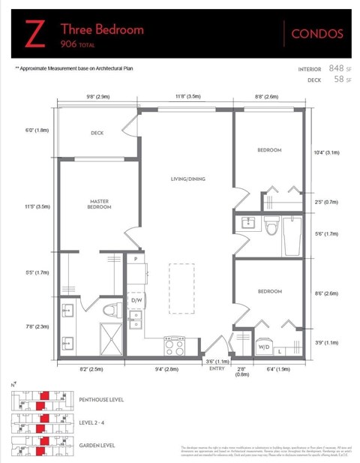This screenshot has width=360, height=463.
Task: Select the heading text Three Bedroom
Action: point(101,29)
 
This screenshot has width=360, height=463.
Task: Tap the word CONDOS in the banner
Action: point(316,34)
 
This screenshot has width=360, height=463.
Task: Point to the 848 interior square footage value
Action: point(325,68)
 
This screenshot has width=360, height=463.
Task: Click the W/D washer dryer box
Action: point(264,347)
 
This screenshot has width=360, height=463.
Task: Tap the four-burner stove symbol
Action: point(175,344)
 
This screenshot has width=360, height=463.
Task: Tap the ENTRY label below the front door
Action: point(217,368)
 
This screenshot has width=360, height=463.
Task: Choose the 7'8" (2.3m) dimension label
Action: point(37,326)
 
